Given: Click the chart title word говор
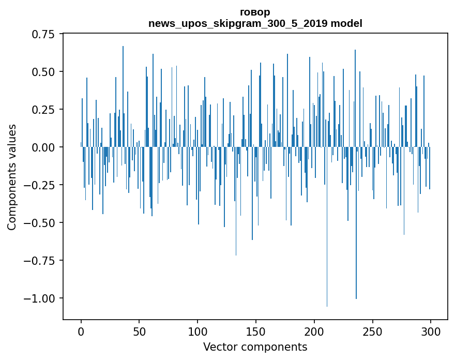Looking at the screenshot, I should pyautogui.click(x=255, y=12).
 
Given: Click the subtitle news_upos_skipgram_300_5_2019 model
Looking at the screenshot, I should pyautogui.click(x=255, y=23).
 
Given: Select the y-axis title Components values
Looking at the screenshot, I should pyautogui.click(x=11, y=177).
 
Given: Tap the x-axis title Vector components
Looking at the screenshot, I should pyautogui.click(x=255, y=347).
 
